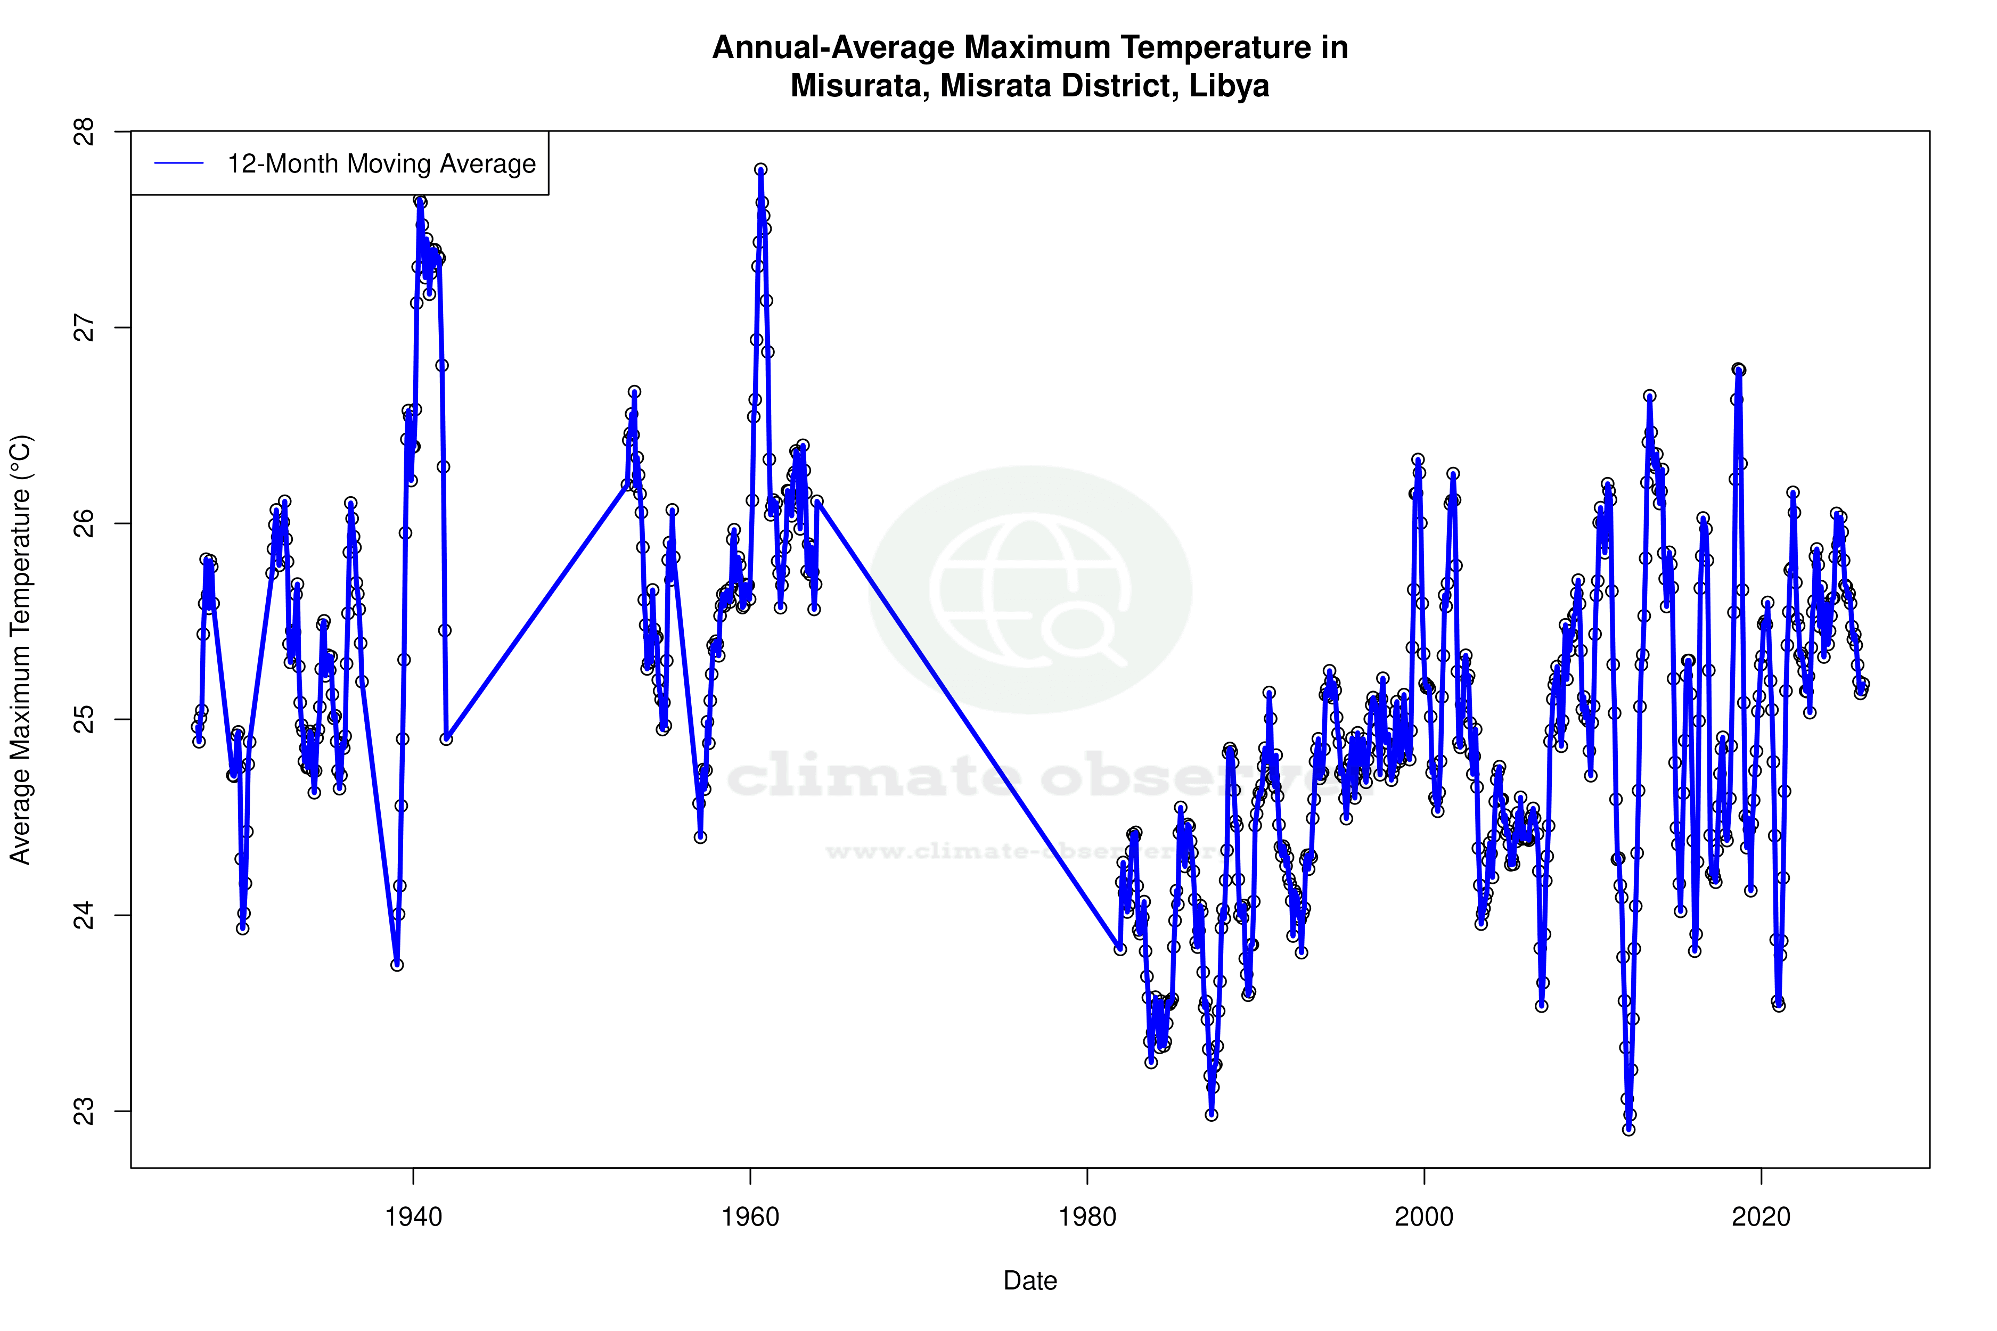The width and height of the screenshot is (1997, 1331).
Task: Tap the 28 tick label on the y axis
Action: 85,132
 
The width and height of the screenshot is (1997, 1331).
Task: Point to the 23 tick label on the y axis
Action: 85,1111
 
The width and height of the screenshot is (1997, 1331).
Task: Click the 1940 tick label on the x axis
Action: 413,1217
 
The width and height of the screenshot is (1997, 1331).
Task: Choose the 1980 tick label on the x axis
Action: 1087,1217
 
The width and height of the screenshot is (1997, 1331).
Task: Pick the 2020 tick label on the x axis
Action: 1761,1217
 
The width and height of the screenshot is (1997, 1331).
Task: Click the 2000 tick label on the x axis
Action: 1424,1217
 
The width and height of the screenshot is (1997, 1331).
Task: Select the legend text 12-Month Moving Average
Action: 381,164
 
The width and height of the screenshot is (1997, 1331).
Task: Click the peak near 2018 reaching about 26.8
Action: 1738,369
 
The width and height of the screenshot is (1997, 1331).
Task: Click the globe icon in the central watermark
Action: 1030,590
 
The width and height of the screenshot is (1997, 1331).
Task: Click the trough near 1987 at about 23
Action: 1212,1114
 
